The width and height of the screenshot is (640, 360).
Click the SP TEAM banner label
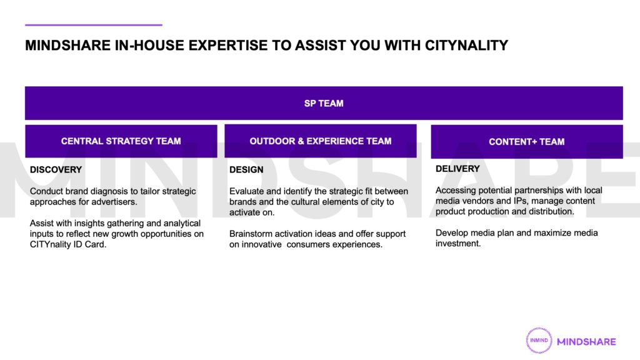tap(324, 103)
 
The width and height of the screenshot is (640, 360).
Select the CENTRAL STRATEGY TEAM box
tap(121, 141)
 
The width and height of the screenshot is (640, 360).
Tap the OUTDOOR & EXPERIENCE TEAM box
tap(321, 141)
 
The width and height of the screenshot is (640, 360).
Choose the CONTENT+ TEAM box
tap(527, 142)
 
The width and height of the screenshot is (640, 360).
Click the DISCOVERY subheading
tap(56, 170)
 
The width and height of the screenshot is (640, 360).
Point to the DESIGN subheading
tap(246, 170)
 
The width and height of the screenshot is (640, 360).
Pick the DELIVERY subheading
tap(457, 169)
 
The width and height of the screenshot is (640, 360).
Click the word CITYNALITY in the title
tap(466, 45)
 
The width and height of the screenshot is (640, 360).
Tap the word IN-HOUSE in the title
tap(149, 45)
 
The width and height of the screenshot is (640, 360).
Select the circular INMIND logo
tap(539, 341)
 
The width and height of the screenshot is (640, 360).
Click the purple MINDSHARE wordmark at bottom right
tap(586, 342)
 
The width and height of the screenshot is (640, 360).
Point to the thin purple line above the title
tap(94, 25)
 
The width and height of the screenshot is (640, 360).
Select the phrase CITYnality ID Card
tap(67, 244)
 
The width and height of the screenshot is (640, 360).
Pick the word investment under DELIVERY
tap(458, 244)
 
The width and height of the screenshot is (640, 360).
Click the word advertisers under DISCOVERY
tap(116, 202)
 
